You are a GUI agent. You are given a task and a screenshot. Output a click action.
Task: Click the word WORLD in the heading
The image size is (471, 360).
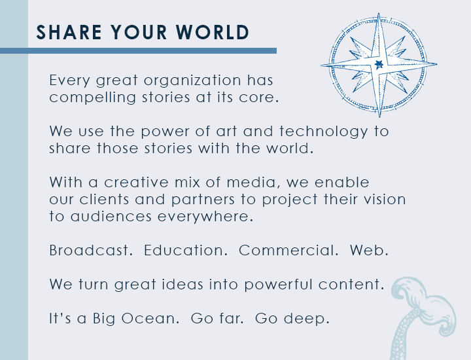[x=213, y=32]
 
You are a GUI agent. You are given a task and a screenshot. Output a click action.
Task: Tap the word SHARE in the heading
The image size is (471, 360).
[x=69, y=32]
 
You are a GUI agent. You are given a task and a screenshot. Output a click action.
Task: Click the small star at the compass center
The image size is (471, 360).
[x=379, y=64]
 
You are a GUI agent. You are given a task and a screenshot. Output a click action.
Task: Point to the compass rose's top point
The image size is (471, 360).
[x=379, y=14]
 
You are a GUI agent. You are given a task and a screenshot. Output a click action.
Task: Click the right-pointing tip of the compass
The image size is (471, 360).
[x=436, y=63]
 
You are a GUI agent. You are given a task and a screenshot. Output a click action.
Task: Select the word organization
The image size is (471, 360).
[x=192, y=81]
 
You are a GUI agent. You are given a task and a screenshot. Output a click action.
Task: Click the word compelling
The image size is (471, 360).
[x=92, y=98]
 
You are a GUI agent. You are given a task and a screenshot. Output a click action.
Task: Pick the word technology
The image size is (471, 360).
[x=324, y=132]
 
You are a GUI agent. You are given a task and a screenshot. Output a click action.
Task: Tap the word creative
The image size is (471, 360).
[x=136, y=183]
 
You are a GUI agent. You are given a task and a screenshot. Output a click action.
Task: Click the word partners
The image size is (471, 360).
[x=203, y=200]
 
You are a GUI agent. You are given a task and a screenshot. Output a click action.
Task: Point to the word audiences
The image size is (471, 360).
[x=111, y=217]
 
